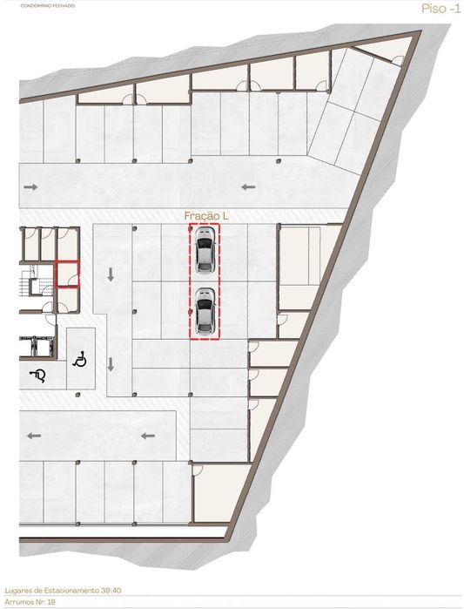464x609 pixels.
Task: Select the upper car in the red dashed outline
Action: pyautogui.click(x=205, y=253)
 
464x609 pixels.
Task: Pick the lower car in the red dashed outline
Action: pyautogui.click(x=205, y=311)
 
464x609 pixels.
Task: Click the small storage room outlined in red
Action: pyautogui.click(x=67, y=274)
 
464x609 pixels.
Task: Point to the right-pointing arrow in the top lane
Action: pyautogui.click(x=31, y=186)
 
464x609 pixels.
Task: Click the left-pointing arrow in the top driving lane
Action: pyautogui.click(x=248, y=186)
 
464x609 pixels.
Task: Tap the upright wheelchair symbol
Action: pyautogui.click(x=79, y=357)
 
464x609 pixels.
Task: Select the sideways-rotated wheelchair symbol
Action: pyautogui.click(x=40, y=375)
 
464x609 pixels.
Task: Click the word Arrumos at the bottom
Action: pyautogui.click(x=18, y=601)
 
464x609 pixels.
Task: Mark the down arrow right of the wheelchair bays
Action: pyautogui.click(x=111, y=365)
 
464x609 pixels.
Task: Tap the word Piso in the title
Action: pyautogui.click(x=430, y=9)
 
